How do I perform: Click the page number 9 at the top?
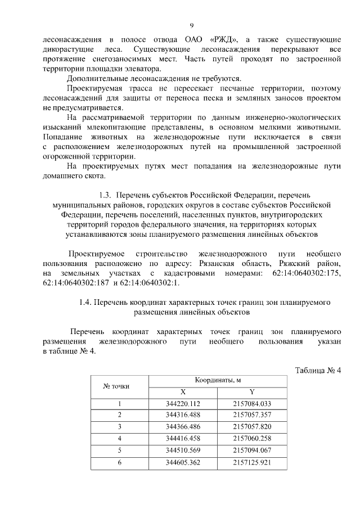[x=192, y=25]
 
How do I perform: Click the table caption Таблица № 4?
[x=318, y=370]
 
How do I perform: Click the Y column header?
[x=252, y=392]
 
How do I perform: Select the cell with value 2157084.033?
[x=252, y=404]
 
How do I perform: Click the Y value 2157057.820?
[x=252, y=426]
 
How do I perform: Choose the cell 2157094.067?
[x=252, y=450]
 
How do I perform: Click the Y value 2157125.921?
[x=252, y=462]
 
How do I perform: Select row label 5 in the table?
[x=119, y=450]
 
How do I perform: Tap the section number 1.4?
[x=87, y=303]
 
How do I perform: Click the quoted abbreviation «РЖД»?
[x=224, y=40]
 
